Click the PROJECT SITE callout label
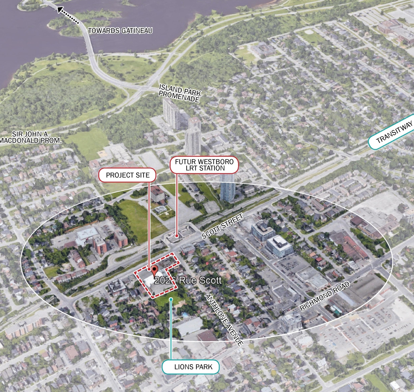(127, 175)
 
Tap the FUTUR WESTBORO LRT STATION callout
(204, 165)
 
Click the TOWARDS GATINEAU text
(120, 31)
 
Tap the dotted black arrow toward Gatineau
(68, 16)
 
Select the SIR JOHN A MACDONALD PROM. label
(30, 137)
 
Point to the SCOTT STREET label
(222, 226)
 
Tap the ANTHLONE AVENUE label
(224, 320)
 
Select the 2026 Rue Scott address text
(188, 280)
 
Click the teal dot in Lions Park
(171, 299)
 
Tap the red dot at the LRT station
(176, 236)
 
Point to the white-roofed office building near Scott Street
(279, 246)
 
